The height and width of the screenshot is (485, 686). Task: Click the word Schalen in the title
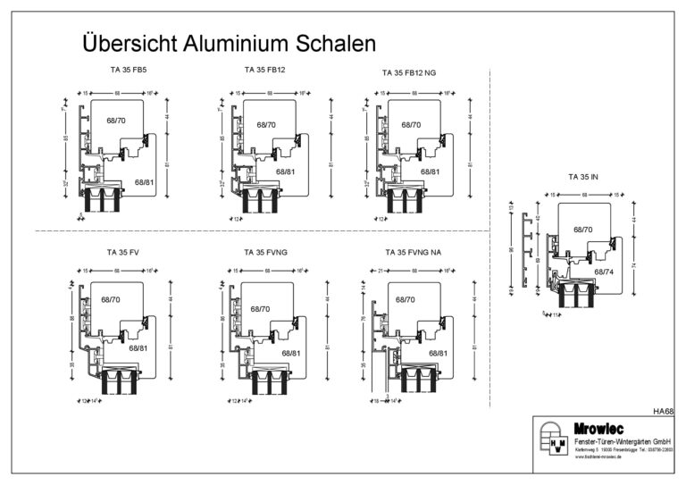331,44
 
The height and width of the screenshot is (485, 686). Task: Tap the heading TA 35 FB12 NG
410,71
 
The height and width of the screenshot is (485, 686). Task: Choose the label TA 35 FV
121,253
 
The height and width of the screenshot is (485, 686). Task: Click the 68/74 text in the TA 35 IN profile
604,271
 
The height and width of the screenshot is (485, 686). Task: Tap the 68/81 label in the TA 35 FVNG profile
292,354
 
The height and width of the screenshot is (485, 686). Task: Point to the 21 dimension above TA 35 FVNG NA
379,271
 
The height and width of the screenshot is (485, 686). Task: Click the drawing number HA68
662,412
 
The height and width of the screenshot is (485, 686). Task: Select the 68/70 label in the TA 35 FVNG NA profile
406,300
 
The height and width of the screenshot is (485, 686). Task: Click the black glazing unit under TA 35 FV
121,382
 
